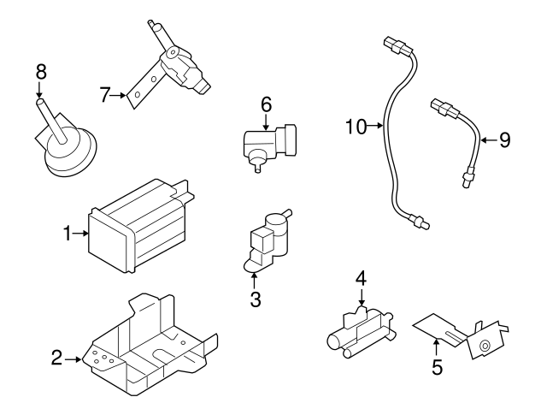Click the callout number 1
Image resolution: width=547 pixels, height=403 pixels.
pyautogui.click(x=68, y=234)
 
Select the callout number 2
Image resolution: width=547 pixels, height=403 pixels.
pyautogui.click(x=57, y=358)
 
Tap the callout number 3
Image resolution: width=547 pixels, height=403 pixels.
pyautogui.click(x=256, y=299)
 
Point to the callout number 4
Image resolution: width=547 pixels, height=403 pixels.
pyautogui.click(x=361, y=278)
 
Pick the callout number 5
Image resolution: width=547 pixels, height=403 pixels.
pyautogui.click(x=437, y=367)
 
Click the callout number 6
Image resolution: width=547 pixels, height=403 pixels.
pyautogui.click(x=266, y=104)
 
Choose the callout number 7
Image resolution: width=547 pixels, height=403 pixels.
pyautogui.click(x=105, y=95)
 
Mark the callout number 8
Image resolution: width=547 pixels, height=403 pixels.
pyautogui.click(x=41, y=72)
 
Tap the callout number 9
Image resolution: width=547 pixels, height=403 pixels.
pyautogui.click(x=505, y=140)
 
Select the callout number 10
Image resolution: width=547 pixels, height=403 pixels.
pyautogui.click(x=356, y=127)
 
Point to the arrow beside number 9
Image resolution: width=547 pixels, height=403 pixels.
pyautogui.click(x=489, y=140)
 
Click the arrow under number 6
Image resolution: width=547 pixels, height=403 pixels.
pyautogui.click(x=266, y=122)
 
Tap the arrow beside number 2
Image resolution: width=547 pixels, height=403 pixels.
pyautogui.click(x=73, y=359)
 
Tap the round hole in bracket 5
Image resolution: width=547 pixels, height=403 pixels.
pyautogui.click(x=485, y=346)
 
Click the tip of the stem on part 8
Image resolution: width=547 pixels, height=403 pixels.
pyautogui.click(x=40, y=102)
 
